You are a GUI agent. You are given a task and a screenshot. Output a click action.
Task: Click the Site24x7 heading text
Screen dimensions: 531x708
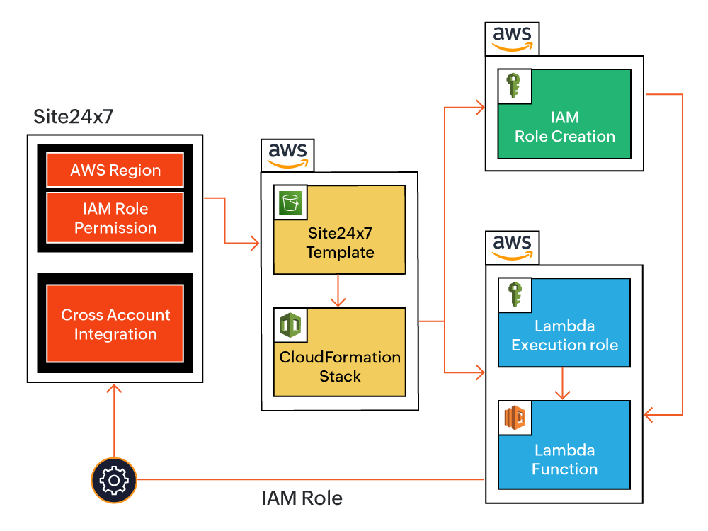point(73,117)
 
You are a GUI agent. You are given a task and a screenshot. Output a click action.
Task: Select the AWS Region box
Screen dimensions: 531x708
point(115,170)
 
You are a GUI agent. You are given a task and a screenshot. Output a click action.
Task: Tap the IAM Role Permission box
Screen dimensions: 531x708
point(115,218)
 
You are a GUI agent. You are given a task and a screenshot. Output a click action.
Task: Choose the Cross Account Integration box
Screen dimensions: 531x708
point(115,324)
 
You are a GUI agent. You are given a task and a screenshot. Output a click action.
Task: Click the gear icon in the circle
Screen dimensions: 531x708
point(113,481)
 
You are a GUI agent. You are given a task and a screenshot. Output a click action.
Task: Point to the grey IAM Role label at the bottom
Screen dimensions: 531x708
point(302,498)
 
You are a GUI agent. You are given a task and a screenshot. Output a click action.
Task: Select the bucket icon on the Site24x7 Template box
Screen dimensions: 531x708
point(290,202)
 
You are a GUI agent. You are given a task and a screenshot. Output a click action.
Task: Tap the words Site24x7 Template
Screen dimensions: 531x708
point(340,242)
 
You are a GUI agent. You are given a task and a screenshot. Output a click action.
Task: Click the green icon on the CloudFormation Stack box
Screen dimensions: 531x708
point(290,324)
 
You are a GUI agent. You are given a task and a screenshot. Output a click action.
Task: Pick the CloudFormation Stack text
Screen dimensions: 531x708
point(340,366)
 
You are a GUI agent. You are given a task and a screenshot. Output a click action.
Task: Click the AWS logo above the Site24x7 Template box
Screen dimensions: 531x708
point(287,155)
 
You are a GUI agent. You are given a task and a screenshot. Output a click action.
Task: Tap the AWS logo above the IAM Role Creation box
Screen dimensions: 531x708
point(513,38)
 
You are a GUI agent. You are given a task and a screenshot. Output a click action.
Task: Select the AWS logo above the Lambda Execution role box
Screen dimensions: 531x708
point(513,247)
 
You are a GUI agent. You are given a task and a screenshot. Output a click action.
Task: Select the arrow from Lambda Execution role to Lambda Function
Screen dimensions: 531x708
point(562,384)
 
